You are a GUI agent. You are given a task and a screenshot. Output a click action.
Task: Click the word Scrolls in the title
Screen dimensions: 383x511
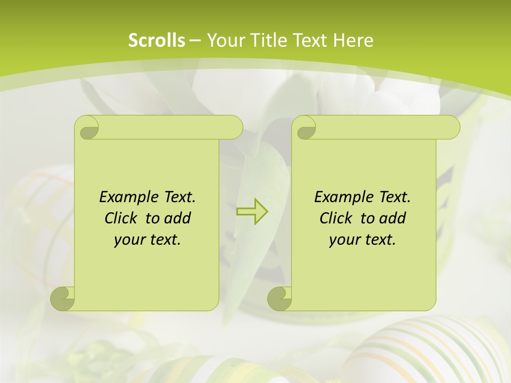coord(156,40)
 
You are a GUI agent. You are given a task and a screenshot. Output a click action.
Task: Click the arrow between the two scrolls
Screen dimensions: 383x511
coord(252,211)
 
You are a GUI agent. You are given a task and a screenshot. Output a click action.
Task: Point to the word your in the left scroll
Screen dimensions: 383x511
coord(129,239)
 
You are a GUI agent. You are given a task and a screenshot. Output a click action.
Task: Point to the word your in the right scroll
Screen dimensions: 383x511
coord(344,239)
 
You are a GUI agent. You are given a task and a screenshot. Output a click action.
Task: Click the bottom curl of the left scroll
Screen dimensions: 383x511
coord(62,298)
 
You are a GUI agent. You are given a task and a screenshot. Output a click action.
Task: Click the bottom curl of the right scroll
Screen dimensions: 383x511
coord(279,298)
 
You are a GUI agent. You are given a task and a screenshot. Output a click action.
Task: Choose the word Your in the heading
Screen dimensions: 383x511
coord(222,40)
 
